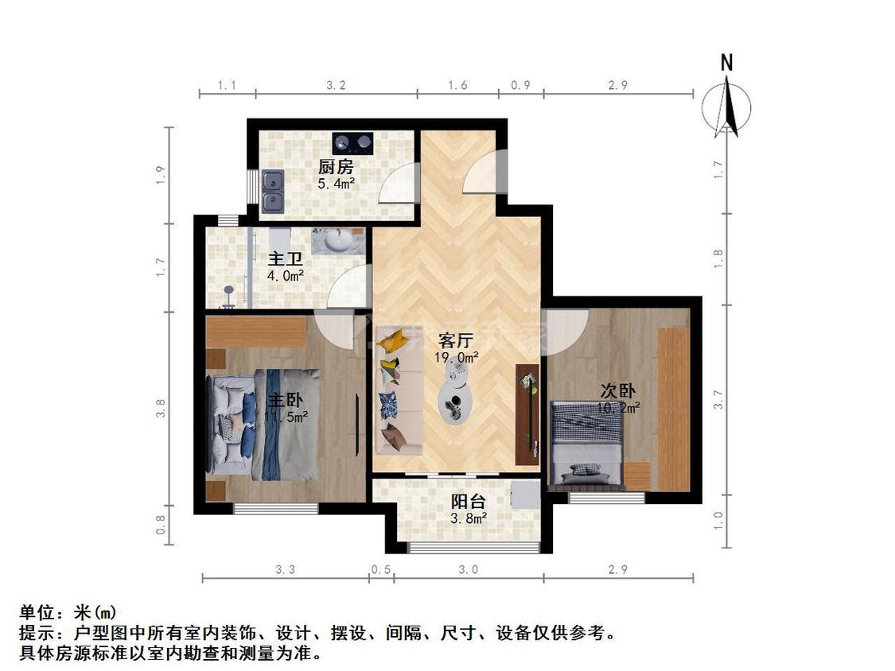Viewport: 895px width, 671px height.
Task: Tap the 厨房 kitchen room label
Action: pyautogui.click(x=335, y=167)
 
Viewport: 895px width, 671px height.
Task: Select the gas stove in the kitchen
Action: pyautogui.click(x=352, y=142)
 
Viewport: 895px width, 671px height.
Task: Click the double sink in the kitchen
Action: pyautogui.click(x=272, y=192)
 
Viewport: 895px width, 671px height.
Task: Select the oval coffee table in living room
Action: pyautogui.click(x=457, y=395)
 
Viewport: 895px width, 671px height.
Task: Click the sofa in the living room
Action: pyautogui.click(x=398, y=390)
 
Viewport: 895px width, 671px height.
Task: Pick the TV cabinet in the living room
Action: pyautogui.click(x=527, y=413)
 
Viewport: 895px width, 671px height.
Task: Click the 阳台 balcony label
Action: pyautogui.click(x=469, y=502)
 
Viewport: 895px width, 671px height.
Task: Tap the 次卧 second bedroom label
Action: pyautogui.click(x=617, y=391)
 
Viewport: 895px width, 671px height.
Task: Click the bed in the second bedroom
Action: pyautogui.click(x=587, y=440)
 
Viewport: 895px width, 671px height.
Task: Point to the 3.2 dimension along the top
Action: pyautogui.click(x=337, y=85)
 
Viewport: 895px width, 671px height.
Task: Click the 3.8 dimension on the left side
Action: pyautogui.click(x=161, y=408)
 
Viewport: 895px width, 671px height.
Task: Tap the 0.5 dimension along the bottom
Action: pyautogui.click(x=381, y=569)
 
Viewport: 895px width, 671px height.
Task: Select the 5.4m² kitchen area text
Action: pyautogui.click(x=336, y=183)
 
